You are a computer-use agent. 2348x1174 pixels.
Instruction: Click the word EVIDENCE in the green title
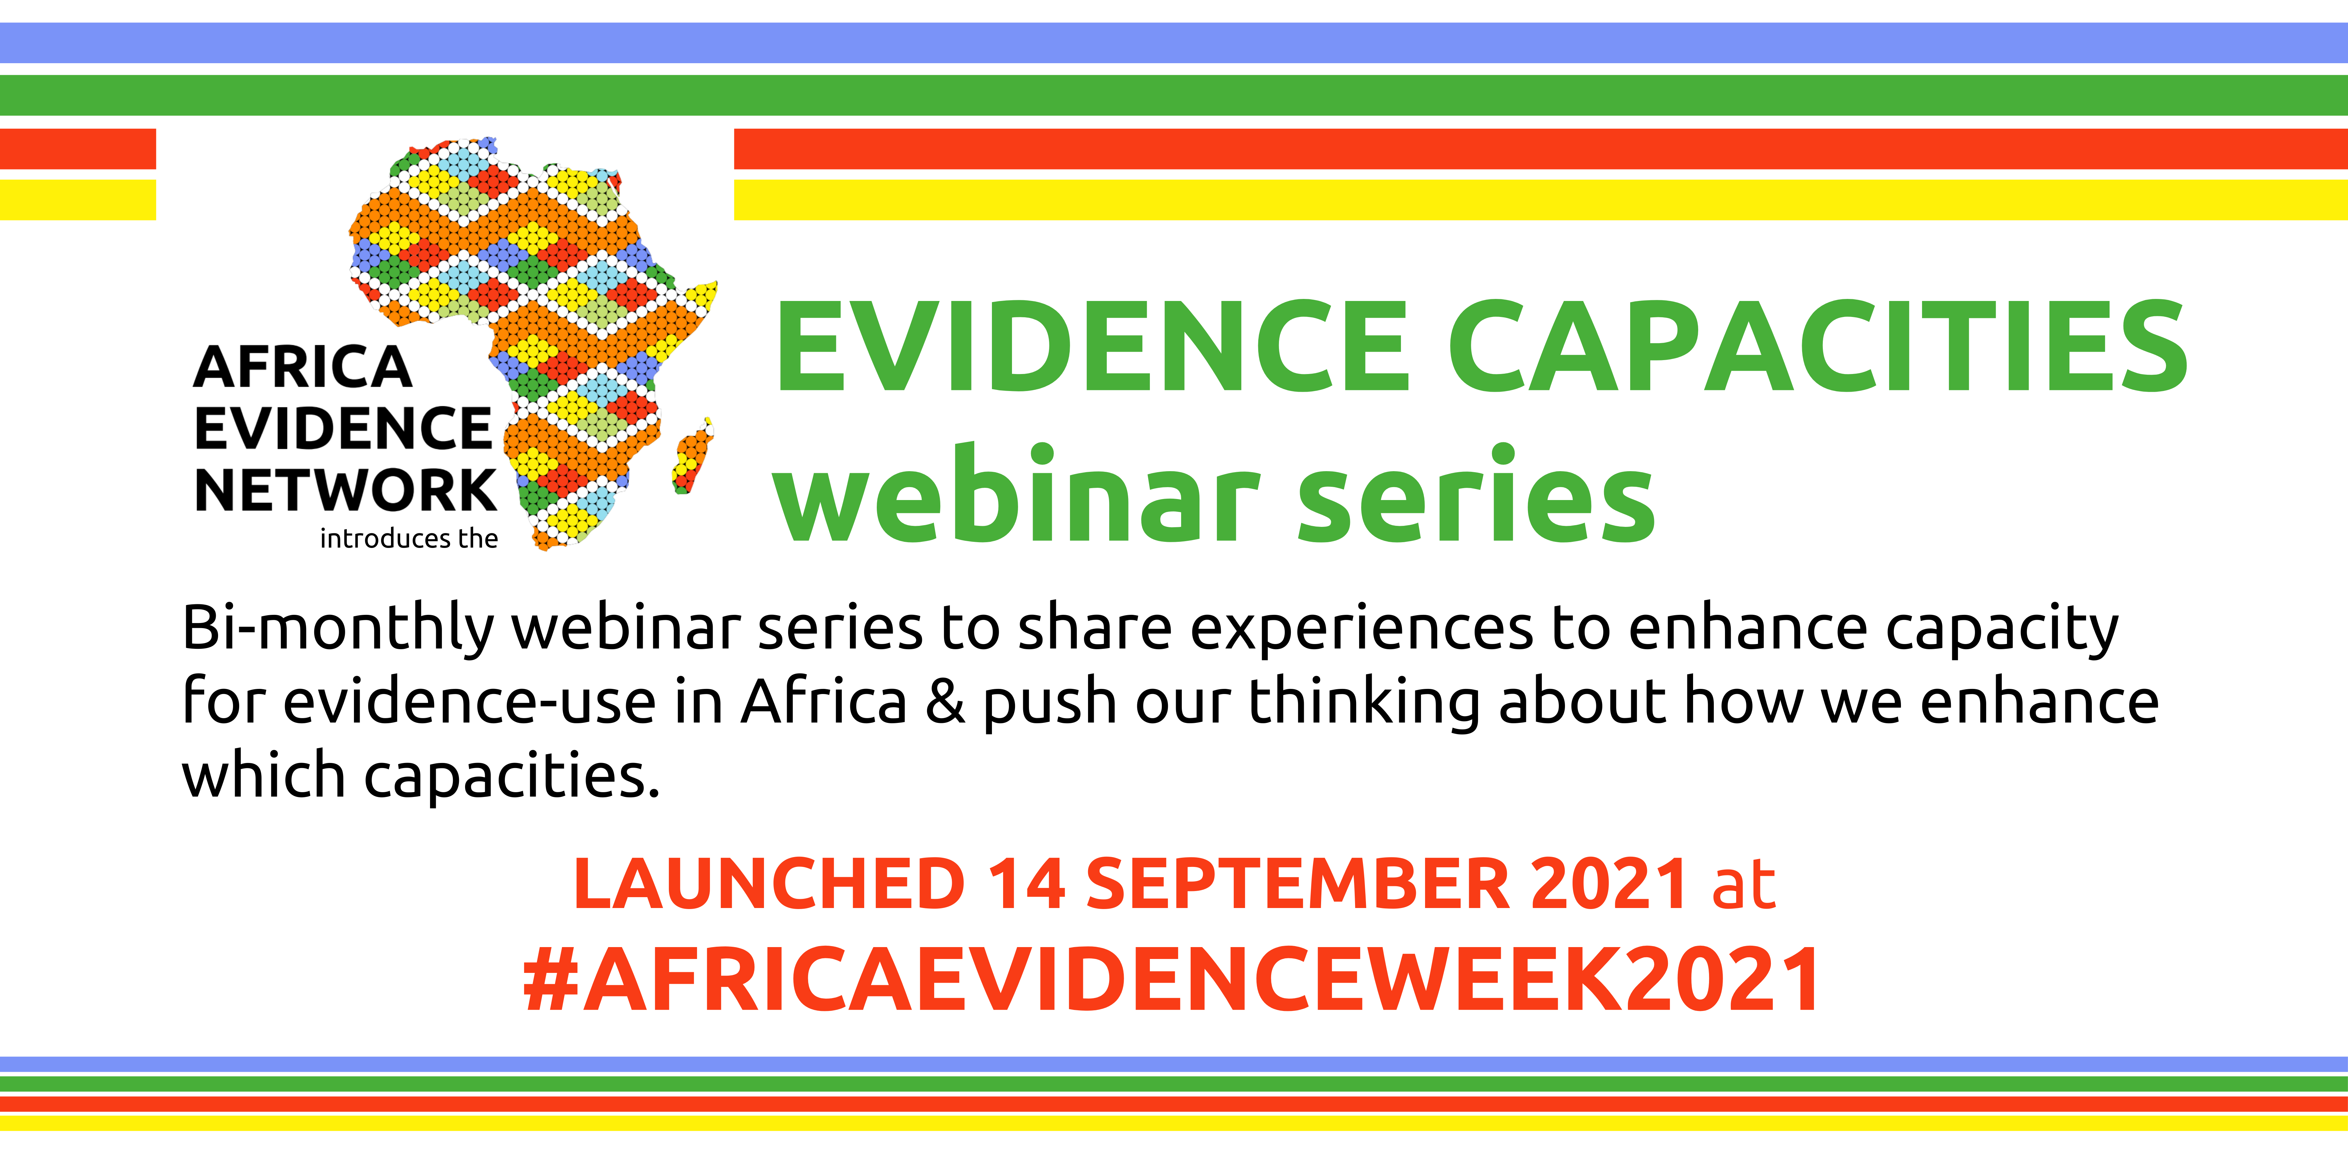pyautogui.click(x=1092, y=346)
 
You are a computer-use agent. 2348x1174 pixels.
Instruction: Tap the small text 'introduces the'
pyautogui.click(x=408, y=539)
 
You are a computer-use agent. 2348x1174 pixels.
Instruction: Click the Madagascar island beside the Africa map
pyautogui.click(x=693, y=456)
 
